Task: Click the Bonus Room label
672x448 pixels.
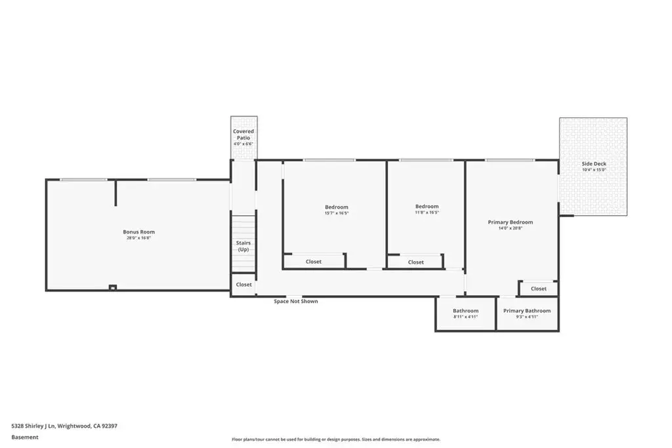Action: [138, 232]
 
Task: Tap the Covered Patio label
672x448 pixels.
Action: [243, 134]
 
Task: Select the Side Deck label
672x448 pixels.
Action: [593, 164]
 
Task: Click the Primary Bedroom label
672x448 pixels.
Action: [510, 222]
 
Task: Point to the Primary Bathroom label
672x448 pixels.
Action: [527, 310]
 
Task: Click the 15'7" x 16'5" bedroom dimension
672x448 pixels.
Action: [336, 213]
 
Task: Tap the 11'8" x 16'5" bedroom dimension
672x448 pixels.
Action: [427, 213]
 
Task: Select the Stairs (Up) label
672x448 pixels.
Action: [243, 246]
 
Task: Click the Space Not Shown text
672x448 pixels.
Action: [295, 301]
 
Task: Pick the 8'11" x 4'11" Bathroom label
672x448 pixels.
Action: [465, 311]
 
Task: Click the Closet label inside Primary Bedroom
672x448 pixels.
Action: [538, 289]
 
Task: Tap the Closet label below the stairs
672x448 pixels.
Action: [243, 285]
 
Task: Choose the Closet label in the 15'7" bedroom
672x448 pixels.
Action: [314, 262]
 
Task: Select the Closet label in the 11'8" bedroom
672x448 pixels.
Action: [415, 262]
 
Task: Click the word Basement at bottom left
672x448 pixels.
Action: [25, 437]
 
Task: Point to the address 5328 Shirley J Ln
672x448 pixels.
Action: [64, 426]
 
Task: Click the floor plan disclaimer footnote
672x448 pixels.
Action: [335, 439]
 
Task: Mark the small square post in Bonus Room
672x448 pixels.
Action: [113, 287]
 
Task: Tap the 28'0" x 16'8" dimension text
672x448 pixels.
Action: [138, 238]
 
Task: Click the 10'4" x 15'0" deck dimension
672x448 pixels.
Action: [593, 170]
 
